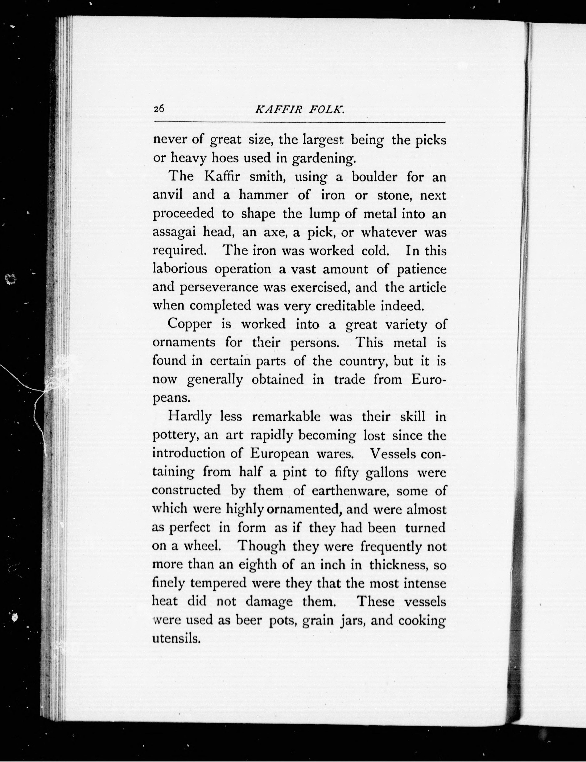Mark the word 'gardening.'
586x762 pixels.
point(324,159)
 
